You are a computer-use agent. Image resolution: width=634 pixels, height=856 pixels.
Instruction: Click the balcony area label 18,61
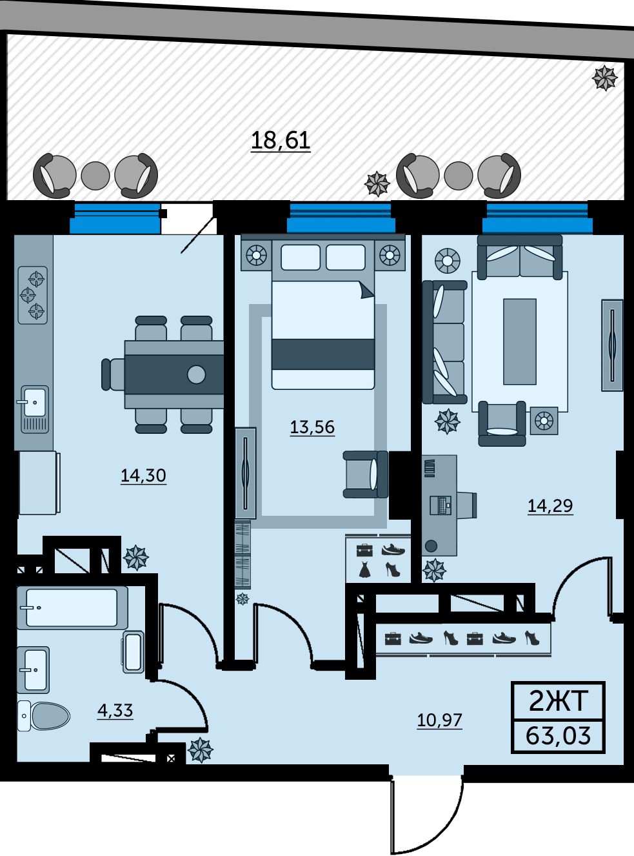281,140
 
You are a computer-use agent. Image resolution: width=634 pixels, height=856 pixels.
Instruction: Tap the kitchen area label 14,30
143,476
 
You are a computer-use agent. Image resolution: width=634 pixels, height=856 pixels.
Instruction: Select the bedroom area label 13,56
312,427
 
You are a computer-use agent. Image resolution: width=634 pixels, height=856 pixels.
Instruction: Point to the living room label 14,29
550,505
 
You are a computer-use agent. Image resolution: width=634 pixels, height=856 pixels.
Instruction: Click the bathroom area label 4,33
115,710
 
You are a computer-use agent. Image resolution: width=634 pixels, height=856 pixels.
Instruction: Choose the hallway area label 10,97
440,720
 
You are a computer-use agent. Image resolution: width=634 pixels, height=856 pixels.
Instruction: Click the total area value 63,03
558,735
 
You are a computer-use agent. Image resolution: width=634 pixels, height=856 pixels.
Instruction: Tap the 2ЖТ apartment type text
558,701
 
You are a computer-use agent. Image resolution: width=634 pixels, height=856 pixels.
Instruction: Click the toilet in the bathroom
44,716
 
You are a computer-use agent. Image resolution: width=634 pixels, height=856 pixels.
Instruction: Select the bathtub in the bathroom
72,608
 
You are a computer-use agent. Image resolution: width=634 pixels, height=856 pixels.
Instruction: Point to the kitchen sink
35,409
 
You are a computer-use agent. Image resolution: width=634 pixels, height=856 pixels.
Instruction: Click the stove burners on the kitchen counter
33,295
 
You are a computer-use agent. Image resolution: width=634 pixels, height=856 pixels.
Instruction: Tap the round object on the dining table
196,374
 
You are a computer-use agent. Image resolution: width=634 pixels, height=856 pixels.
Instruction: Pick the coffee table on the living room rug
519,341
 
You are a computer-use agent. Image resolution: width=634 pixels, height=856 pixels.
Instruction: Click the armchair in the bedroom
366,474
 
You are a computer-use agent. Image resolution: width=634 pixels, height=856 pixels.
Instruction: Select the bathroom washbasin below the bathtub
33,670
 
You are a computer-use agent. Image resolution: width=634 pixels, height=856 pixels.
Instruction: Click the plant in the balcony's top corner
604,78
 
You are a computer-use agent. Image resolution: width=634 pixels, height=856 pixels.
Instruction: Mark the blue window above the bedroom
341,218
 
